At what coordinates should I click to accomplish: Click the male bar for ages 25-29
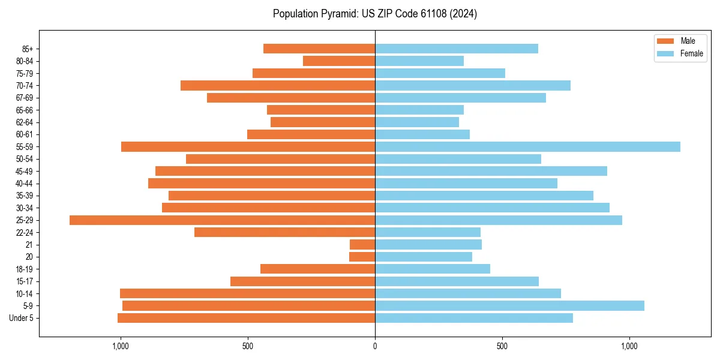click(x=222, y=220)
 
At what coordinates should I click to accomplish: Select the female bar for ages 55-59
click(x=527, y=147)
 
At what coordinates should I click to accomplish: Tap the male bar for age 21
click(x=362, y=245)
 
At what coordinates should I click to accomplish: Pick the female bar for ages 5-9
click(x=509, y=306)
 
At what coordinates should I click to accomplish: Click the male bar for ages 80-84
click(x=339, y=61)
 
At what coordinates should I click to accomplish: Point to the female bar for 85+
click(x=456, y=49)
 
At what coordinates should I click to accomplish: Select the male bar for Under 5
click(x=246, y=318)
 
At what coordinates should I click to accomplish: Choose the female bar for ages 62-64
click(x=417, y=122)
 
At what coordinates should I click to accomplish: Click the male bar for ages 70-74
click(x=278, y=86)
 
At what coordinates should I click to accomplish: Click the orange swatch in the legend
click(x=665, y=41)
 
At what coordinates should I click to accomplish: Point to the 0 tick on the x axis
click(x=375, y=346)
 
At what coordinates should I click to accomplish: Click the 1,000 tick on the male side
click(x=121, y=346)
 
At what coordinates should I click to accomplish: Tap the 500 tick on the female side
click(x=502, y=346)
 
